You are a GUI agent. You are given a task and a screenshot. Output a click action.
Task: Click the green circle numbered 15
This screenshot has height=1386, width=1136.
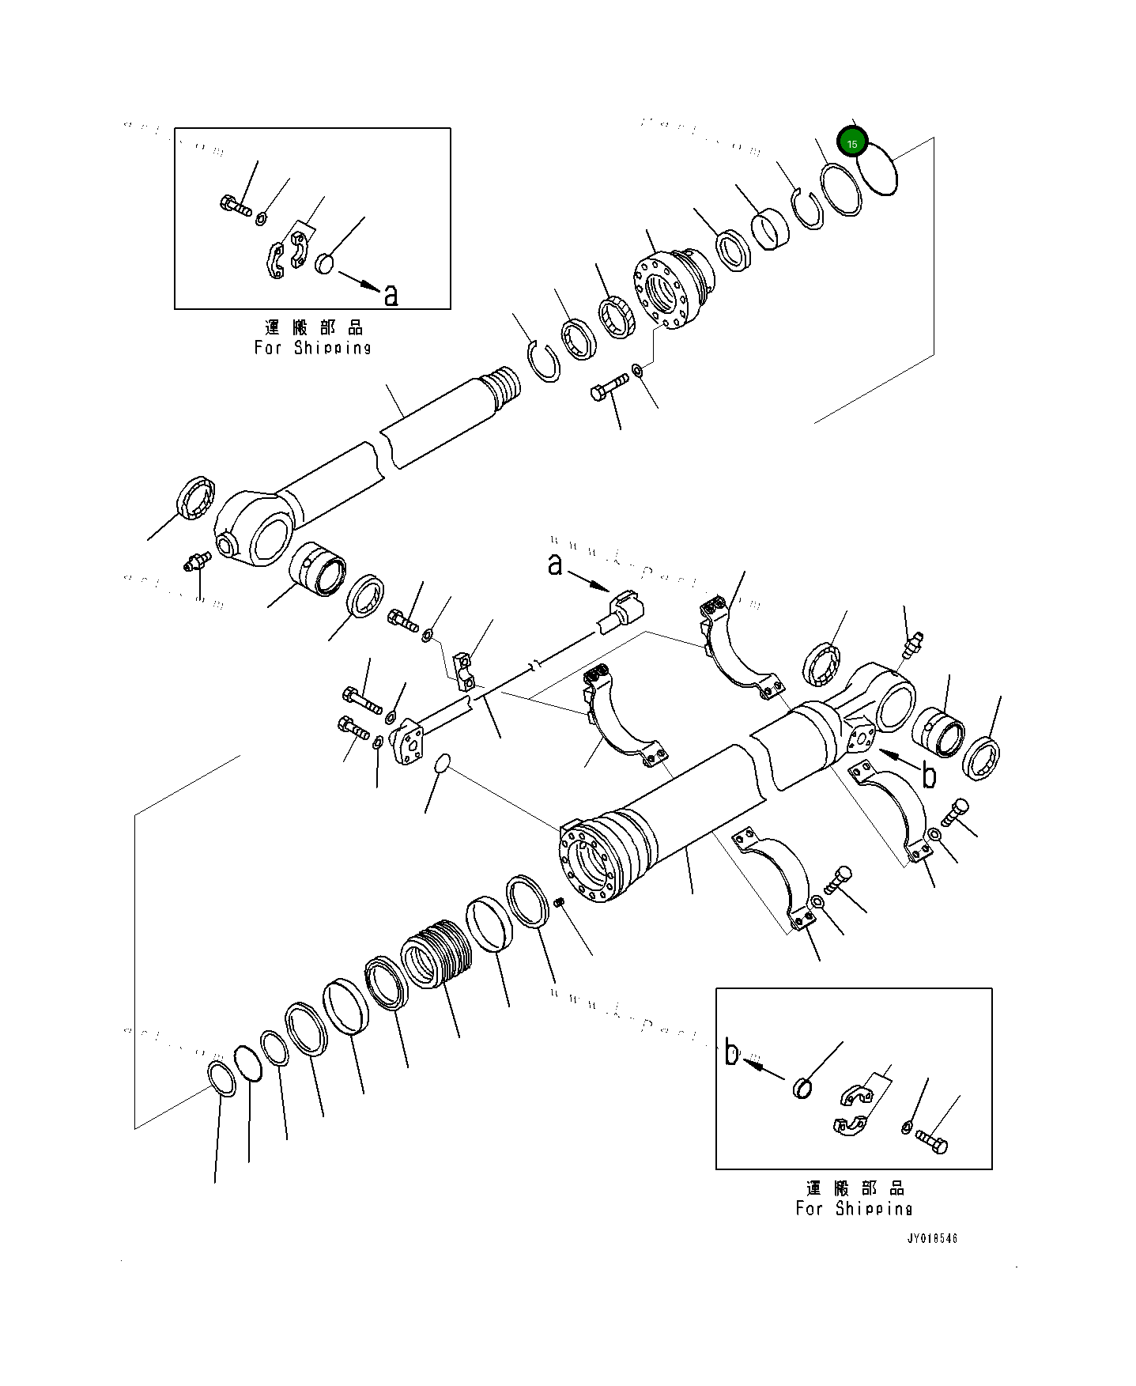pos(852,143)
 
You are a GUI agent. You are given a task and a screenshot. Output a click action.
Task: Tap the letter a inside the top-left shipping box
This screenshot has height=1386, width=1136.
pos(391,296)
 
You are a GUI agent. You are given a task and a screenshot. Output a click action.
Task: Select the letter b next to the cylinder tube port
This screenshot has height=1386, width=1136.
pos(929,776)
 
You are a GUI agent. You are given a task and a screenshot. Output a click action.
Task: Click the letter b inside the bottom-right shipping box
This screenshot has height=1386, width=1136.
pos(732,1054)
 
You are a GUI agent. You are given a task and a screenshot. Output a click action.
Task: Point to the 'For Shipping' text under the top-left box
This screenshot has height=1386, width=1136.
pos(312,347)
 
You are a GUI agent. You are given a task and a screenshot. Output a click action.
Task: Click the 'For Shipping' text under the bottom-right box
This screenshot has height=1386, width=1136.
pos(854,1208)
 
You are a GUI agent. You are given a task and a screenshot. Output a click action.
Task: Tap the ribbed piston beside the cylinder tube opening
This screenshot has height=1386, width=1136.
pos(437,953)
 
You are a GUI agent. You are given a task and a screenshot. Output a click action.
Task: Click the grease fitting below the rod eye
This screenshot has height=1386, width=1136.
pos(194,561)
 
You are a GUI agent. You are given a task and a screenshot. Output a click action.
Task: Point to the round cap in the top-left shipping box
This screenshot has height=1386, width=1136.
pos(325,262)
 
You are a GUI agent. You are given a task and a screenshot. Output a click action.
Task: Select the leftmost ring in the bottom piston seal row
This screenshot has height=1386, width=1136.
pos(221,1080)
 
